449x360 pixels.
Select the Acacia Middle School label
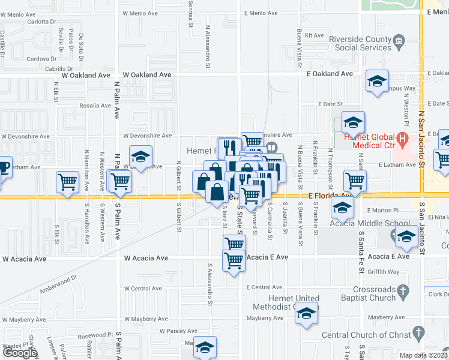(361, 224)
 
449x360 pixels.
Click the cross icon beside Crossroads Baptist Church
(404, 292)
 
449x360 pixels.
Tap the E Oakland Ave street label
(330, 74)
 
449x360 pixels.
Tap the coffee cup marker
(3, 166)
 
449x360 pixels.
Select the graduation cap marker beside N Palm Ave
(140, 157)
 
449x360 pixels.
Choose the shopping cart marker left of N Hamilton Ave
(67, 182)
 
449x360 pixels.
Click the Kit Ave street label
(315, 36)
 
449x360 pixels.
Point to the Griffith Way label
(384, 272)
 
